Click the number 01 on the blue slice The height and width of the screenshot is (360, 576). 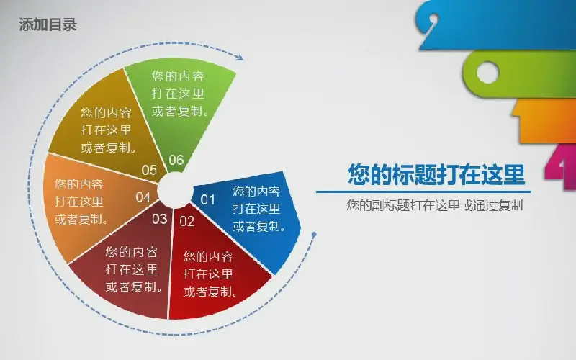[x=207, y=199]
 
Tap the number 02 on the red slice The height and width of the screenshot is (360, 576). [x=187, y=221]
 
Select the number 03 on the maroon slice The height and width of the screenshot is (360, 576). [x=159, y=219]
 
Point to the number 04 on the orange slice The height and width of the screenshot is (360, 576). [x=143, y=197]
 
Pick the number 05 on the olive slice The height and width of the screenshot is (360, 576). [x=149, y=170]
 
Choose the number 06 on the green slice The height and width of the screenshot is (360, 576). [x=176, y=160]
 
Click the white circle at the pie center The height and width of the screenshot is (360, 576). [x=174, y=190]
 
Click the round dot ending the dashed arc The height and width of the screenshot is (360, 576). [x=314, y=235]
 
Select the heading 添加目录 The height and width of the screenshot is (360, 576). [x=48, y=24]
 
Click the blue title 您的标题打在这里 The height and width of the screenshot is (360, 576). [x=436, y=174]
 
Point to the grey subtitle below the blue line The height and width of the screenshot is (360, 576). [x=435, y=205]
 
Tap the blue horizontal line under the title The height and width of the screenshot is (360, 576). [x=423, y=192]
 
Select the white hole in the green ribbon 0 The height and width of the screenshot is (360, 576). [x=487, y=73]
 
